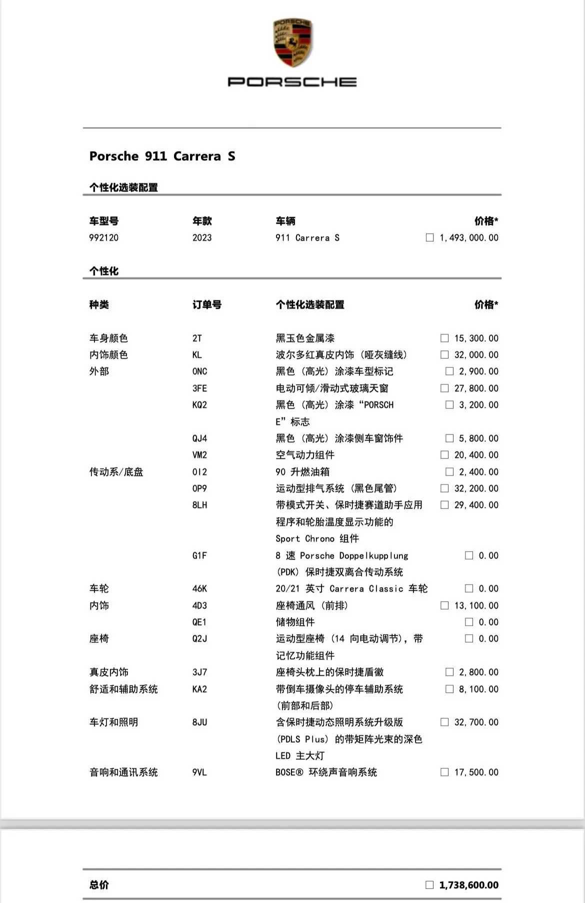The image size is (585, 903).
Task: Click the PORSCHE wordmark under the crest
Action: [x=292, y=82]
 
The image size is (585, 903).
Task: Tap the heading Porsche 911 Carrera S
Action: [x=162, y=156]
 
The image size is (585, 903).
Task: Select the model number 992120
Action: [x=104, y=238]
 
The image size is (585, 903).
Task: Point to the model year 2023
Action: [x=202, y=238]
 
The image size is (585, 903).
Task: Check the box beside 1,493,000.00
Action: [x=429, y=238]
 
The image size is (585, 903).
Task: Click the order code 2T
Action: [x=197, y=338]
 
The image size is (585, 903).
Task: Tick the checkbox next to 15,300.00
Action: [x=444, y=338]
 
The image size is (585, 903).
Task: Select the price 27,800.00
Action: [x=476, y=388]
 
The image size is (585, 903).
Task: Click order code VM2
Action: [x=199, y=455]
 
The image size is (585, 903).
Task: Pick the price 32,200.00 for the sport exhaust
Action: [x=476, y=489]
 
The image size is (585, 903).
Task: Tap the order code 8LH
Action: [x=199, y=505]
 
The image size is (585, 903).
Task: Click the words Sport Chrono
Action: [x=305, y=539]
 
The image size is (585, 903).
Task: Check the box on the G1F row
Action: [x=468, y=556]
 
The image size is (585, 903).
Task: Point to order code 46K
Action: [x=199, y=589]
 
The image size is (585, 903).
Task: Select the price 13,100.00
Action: [x=476, y=606]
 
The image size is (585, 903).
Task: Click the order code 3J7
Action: [x=199, y=672]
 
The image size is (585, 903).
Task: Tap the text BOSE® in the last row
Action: [x=289, y=772]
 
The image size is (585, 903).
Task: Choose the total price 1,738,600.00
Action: [x=468, y=885]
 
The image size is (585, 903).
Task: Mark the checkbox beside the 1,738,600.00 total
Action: [x=429, y=885]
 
